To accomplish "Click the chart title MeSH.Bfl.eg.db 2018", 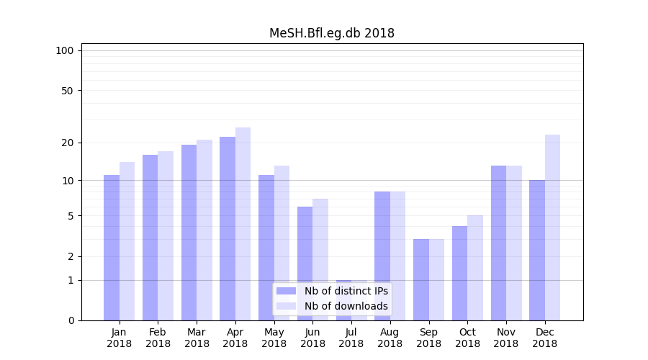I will [331, 33].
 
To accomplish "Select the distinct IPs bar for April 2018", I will [228, 228].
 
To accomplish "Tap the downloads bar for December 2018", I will [552, 228].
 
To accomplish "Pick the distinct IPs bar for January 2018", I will [112, 248].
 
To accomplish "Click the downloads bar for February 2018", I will [166, 235].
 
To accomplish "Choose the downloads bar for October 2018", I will [475, 268].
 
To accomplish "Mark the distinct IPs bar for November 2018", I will [498, 243].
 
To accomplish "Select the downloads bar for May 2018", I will [282, 243].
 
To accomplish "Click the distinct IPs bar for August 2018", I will [382, 256].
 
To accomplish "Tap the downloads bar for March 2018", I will [204, 230].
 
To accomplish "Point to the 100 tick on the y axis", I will [65, 50].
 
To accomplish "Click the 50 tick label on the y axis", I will [67, 91].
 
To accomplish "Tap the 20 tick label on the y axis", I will [67, 143].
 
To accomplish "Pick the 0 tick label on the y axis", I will [71, 320].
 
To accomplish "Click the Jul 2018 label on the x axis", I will [351, 338].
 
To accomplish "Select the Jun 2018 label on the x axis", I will [312, 338].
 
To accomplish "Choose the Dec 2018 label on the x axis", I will [544, 338].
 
